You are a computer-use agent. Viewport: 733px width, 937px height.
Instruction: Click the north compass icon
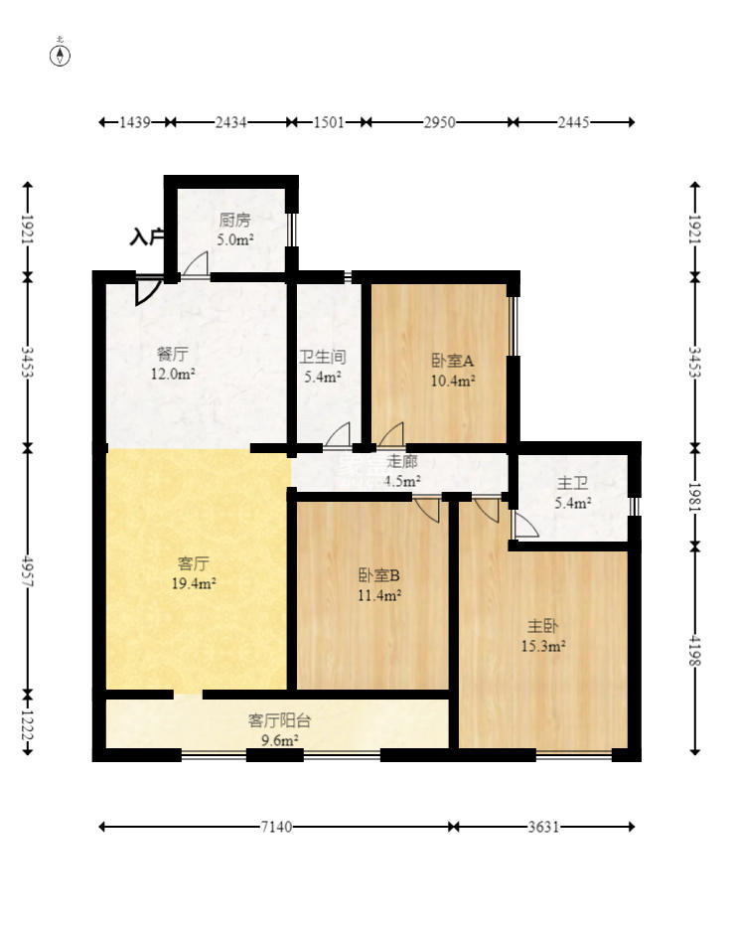[x=61, y=54]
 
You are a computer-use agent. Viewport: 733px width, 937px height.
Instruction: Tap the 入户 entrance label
[x=146, y=237]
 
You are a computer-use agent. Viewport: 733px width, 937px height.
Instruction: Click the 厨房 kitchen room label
[x=235, y=221]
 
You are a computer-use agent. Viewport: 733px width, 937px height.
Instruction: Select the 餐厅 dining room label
[x=172, y=354]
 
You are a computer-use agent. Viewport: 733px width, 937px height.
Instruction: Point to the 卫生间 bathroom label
[x=322, y=357]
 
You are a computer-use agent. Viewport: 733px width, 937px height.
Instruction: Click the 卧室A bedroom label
[x=452, y=361]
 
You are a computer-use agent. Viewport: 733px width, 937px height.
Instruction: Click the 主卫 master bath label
[x=572, y=483]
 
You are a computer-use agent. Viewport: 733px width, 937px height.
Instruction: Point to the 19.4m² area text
[x=194, y=583]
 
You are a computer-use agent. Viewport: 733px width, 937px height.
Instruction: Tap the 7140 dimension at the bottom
[x=277, y=827]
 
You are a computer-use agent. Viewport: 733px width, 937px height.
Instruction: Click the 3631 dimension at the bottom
[x=544, y=827]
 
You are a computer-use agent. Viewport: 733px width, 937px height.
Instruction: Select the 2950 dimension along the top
[x=439, y=122]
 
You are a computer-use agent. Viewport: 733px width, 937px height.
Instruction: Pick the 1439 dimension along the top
[x=134, y=122]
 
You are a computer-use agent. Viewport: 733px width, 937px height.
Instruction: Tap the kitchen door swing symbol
[x=196, y=264]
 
